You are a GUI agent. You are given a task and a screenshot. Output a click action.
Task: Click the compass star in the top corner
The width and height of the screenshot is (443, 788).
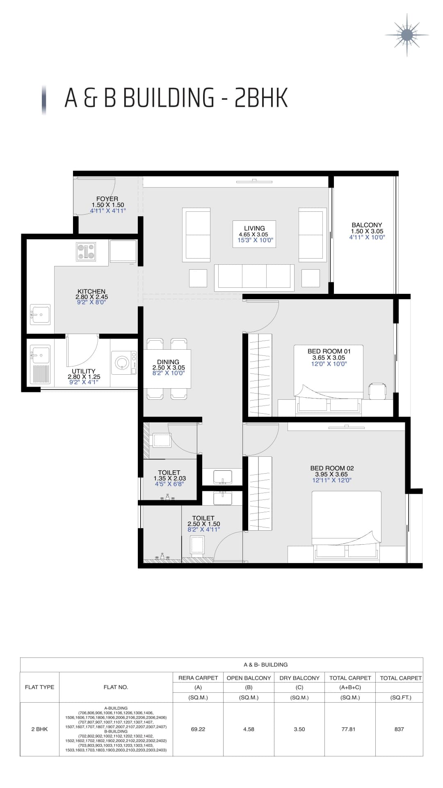pyautogui.click(x=407, y=35)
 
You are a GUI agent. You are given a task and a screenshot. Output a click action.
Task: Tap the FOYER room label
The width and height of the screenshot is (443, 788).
pyautogui.click(x=107, y=199)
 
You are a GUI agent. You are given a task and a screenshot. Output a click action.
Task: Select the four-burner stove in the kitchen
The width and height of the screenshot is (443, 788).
pyautogui.click(x=86, y=252)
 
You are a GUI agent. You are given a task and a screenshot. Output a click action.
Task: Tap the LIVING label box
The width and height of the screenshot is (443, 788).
pyautogui.click(x=254, y=234)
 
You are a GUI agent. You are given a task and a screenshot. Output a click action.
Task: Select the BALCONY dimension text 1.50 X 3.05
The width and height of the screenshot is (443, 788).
pyautogui.click(x=367, y=231)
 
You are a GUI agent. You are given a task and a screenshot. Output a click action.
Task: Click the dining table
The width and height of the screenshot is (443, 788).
pyautogui.click(x=167, y=368)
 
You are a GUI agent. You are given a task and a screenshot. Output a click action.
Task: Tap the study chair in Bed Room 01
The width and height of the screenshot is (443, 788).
pyautogui.click(x=377, y=390)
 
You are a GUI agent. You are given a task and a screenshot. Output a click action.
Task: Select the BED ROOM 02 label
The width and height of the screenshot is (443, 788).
pyautogui.click(x=332, y=468)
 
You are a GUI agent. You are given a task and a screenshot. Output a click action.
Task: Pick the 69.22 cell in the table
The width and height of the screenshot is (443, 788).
pyautogui.click(x=198, y=729)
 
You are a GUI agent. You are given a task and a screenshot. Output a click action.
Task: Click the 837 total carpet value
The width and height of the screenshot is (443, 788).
pyautogui.click(x=399, y=729)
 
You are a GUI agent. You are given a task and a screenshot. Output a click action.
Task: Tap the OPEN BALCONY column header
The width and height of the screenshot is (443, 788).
pyautogui.click(x=249, y=678)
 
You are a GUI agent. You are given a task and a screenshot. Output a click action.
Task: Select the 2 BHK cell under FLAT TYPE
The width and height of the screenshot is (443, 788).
pyautogui.click(x=39, y=729)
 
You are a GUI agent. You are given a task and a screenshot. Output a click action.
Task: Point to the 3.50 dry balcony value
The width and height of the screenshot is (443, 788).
pyautogui.click(x=299, y=729)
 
